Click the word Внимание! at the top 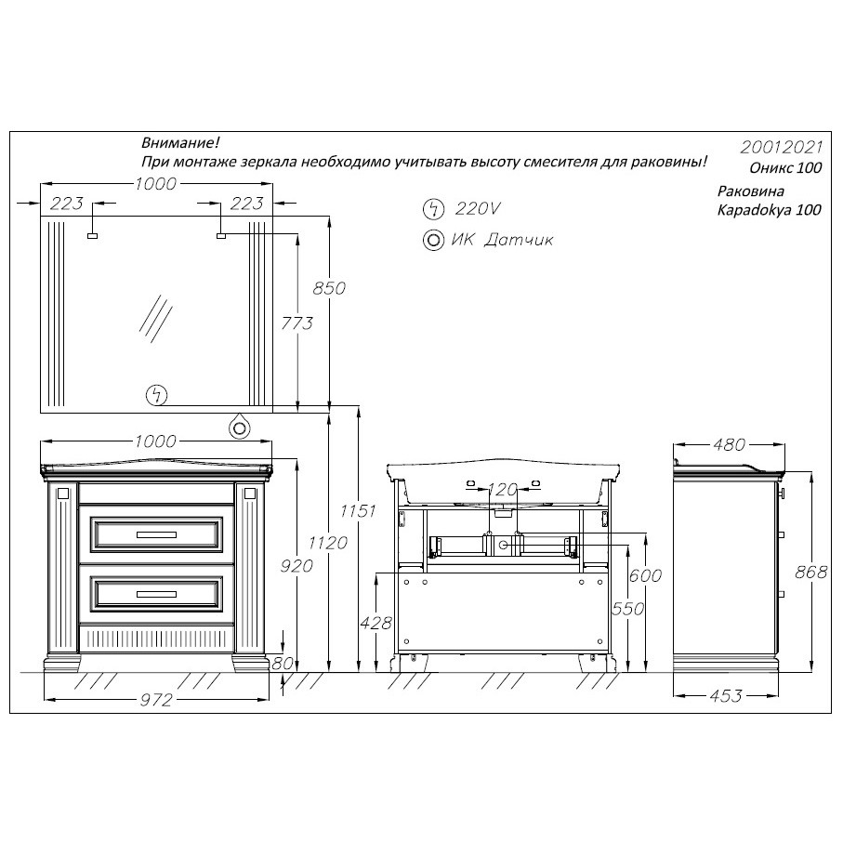[x=180, y=143]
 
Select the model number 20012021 [x=781, y=147]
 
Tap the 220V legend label [x=478, y=208]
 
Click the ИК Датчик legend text [x=502, y=240]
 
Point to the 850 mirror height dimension [x=329, y=288]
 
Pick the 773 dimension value [x=296, y=323]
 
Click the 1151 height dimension [x=358, y=510]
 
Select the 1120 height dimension [x=328, y=543]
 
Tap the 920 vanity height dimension [x=296, y=566]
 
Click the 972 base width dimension [x=156, y=700]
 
